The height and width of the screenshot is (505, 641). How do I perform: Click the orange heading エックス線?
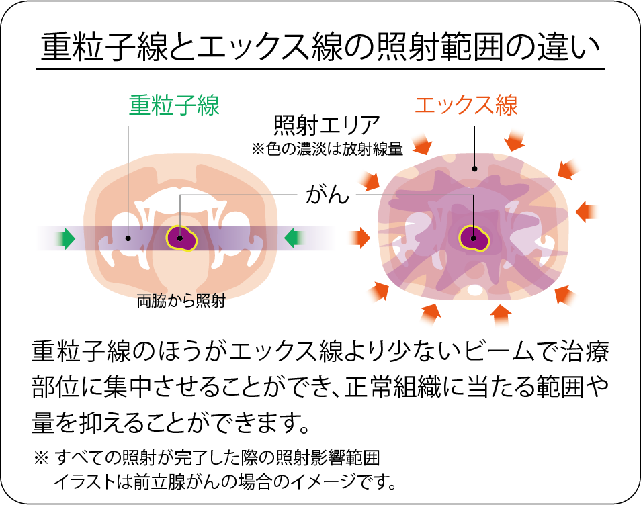(x=466, y=105)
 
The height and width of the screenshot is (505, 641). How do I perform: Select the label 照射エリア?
(x=327, y=125)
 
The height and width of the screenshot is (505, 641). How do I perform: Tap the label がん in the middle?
(x=327, y=195)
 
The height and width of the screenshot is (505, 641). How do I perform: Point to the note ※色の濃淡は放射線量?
(x=327, y=149)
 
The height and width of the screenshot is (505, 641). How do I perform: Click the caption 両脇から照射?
(x=181, y=302)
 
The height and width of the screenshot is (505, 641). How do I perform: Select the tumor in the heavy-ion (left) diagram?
(x=181, y=237)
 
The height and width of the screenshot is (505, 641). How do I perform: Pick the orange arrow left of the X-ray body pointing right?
(x=361, y=237)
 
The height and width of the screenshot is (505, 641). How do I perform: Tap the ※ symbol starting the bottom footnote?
(x=41, y=459)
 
